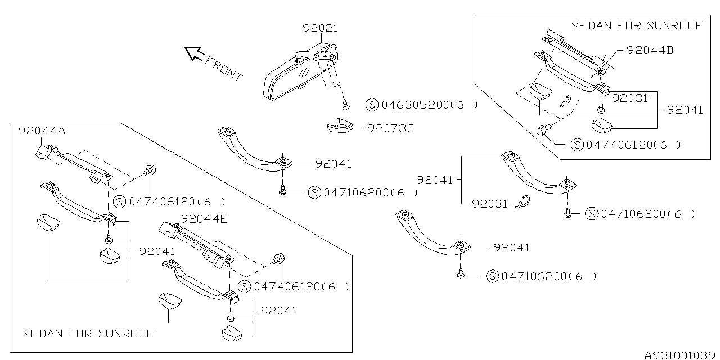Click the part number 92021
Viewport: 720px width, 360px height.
[321, 28]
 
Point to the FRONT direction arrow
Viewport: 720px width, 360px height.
[195, 53]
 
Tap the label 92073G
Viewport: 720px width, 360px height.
[390, 129]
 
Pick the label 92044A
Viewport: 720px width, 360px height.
[42, 131]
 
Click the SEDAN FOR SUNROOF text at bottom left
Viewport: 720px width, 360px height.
[88, 334]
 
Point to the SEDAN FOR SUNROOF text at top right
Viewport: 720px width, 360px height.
[637, 26]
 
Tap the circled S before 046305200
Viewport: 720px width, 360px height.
[372, 105]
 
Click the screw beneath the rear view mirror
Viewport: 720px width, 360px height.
[345, 104]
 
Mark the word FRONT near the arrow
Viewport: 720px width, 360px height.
[223, 68]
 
